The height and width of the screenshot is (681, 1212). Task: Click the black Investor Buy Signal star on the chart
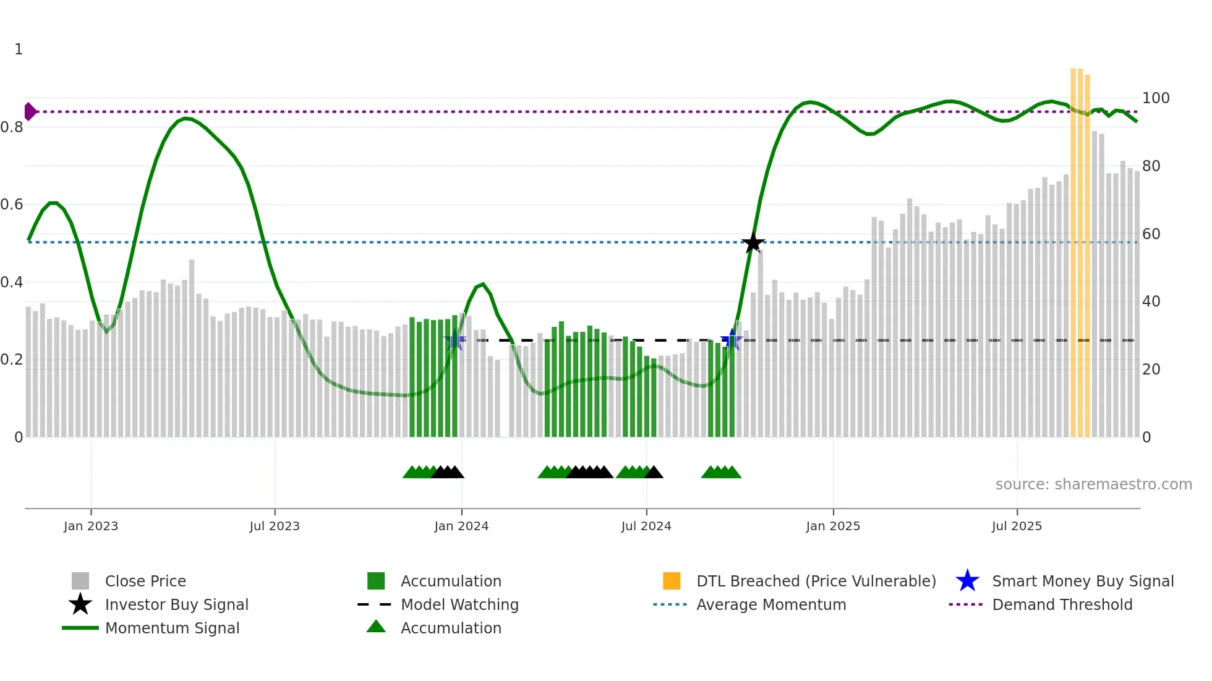pyautogui.click(x=753, y=243)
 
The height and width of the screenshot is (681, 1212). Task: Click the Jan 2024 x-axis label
pyautogui.click(x=461, y=527)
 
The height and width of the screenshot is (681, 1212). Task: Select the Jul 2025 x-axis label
pyautogui.click(x=1017, y=527)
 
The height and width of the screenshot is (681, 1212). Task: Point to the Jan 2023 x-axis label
pyautogui.click(x=91, y=527)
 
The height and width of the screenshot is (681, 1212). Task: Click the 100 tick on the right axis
pyautogui.click(x=1155, y=98)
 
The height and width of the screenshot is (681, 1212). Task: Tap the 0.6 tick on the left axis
pyautogui.click(x=12, y=205)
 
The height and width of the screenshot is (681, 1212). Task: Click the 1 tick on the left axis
pyautogui.click(x=19, y=49)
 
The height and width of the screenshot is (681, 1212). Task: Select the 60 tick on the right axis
pyautogui.click(x=1151, y=234)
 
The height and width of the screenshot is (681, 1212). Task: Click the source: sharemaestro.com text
pyautogui.click(x=1093, y=484)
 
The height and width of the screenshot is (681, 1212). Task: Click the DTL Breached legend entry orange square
pyautogui.click(x=672, y=581)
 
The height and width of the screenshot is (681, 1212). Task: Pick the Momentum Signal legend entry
pyautogui.click(x=172, y=628)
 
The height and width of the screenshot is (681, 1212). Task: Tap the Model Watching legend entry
pyautogui.click(x=459, y=605)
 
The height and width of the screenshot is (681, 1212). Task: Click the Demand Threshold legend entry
pyautogui.click(x=1062, y=605)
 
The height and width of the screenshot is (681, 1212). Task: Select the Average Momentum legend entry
pyautogui.click(x=770, y=605)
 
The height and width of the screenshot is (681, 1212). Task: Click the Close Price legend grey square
pyautogui.click(x=80, y=581)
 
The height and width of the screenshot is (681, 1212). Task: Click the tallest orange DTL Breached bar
pyautogui.click(x=1074, y=247)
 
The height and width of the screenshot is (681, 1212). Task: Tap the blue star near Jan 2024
pyautogui.click(x=454, y=340)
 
